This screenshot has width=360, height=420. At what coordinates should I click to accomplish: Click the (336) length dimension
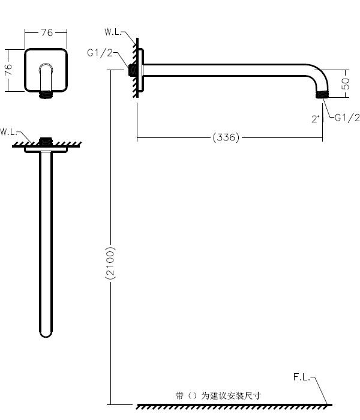coord(226,138)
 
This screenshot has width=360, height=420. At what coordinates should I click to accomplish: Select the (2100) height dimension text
coord(110,262)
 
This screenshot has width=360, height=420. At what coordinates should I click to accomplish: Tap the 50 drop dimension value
coord(346,82)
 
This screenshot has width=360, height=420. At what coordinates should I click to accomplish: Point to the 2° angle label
coord(316,118)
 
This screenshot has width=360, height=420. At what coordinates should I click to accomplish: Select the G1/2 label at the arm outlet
coord(347,118)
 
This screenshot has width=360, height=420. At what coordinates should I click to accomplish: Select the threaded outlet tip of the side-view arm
coord(323,94)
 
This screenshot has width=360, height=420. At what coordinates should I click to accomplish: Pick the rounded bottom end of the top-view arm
coord(46,331)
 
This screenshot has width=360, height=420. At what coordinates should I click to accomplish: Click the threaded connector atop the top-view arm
coord(45,142)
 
